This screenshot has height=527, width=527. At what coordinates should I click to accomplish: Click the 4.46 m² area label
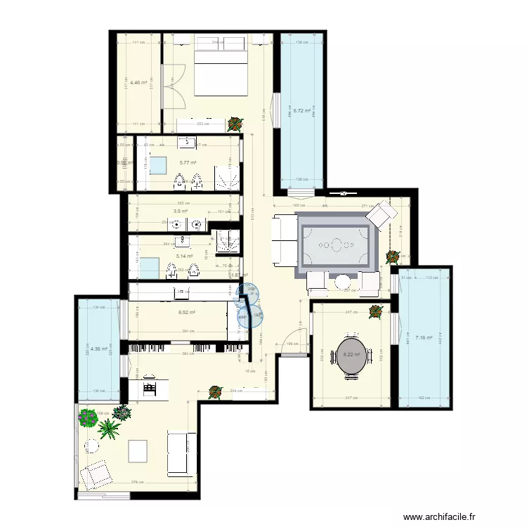(138, 82)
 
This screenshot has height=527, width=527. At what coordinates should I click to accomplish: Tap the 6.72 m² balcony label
(302, 110)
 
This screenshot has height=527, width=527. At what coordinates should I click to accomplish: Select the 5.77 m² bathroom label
(187, 163)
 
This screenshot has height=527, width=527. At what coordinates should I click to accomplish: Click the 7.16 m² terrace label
(423, 338)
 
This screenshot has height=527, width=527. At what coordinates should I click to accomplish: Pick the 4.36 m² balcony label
(98, 349)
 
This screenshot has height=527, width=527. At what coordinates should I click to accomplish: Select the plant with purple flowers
(88, 418)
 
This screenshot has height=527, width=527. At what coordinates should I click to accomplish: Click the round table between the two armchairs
(341, 282)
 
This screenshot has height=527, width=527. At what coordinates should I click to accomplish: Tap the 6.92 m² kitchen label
(186, 313)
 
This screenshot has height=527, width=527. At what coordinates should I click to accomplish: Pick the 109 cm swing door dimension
(289, 344)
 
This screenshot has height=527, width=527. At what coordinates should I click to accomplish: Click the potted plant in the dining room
(375, 311)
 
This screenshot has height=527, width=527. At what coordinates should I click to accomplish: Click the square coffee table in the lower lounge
(138, 450)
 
